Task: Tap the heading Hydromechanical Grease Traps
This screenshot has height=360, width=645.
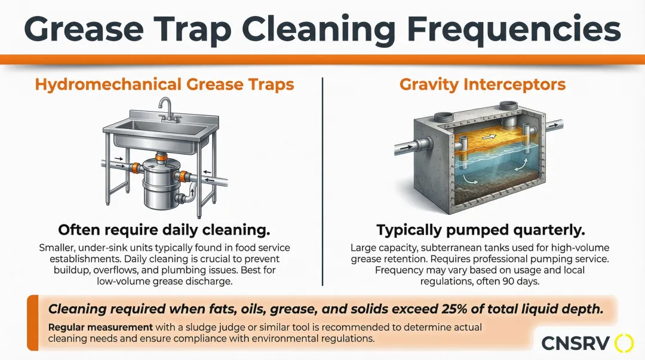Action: point(165,84)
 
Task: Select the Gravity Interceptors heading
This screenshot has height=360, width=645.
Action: point(482,84)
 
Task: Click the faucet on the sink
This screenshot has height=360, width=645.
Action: point(167,109)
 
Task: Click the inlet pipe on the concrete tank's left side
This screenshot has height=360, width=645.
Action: point(411,146)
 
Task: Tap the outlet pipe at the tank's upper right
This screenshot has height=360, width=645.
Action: point(553,124)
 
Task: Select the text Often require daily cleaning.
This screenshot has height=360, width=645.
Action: point(164,230)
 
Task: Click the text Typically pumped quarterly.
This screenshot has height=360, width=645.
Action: point(480,230)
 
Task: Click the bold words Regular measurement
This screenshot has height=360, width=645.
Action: point(100,328)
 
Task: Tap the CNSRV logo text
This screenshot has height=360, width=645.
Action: point(575,343)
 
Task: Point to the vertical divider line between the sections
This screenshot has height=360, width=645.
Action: point(322,181)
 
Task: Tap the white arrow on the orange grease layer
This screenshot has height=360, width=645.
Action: point(489,137)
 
